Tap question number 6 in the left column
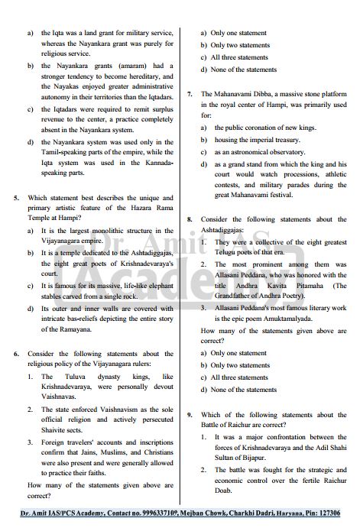click(x=16, y=354)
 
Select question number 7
click(x=190, y=93)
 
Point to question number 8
click(x=190, y=219)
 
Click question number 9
click(x=190, y=415)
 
